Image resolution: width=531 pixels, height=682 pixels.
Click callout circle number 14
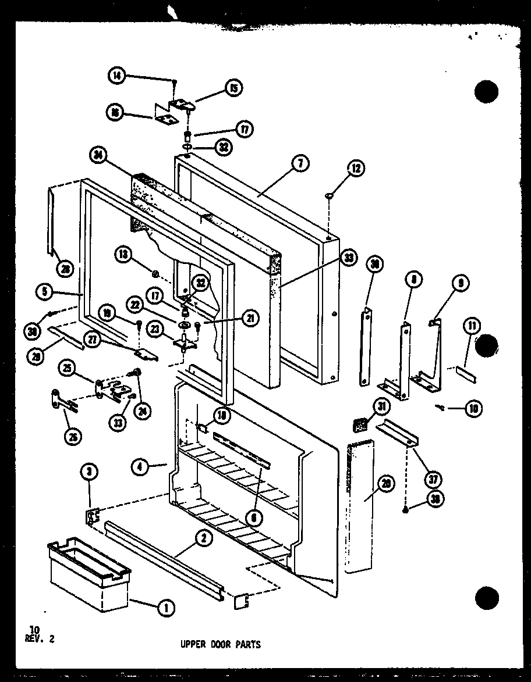tap(116, 75)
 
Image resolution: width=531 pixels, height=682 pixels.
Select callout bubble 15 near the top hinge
tap(234, 89)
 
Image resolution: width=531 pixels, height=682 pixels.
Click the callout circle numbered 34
tap(100, 155)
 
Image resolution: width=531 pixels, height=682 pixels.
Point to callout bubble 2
tap(203, 538)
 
